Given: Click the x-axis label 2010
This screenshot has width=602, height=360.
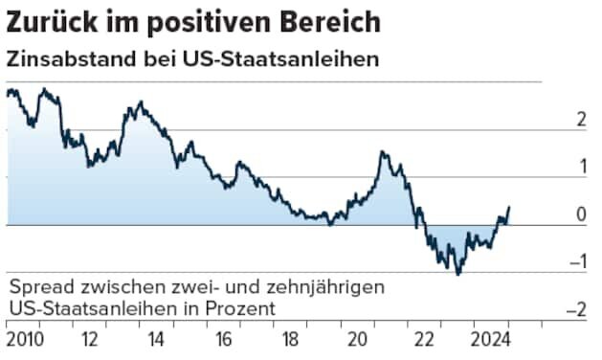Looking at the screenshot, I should click(25, 340).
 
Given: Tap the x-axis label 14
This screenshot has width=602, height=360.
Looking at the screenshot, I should click(155, 340).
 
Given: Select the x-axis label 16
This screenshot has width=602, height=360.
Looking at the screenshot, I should click(222, 340).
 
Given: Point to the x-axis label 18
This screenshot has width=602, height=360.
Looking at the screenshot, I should click(289, 340).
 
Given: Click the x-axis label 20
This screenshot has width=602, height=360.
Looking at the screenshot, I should click(357, 340).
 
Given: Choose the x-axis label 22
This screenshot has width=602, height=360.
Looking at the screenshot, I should click(424, 340).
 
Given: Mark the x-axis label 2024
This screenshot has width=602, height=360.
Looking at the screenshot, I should click(494, 340).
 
